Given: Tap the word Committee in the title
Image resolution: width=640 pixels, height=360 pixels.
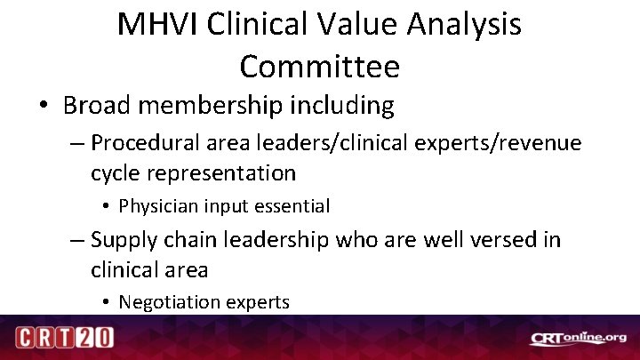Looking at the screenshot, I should pos(320,65).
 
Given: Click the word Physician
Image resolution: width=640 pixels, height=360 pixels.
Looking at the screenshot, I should pos(157,206).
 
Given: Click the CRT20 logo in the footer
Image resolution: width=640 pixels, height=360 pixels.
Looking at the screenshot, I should pos(64,338).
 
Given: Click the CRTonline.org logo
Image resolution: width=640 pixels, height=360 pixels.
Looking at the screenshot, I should pos(579,338).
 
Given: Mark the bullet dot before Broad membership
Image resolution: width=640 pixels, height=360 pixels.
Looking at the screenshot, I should pos(44,107).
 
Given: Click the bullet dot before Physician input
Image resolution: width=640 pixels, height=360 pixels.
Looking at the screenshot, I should pos(106,207).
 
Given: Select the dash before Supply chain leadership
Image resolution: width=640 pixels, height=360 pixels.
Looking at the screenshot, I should pos(77,240).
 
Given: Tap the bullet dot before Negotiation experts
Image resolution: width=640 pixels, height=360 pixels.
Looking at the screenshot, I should pos(106,303).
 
